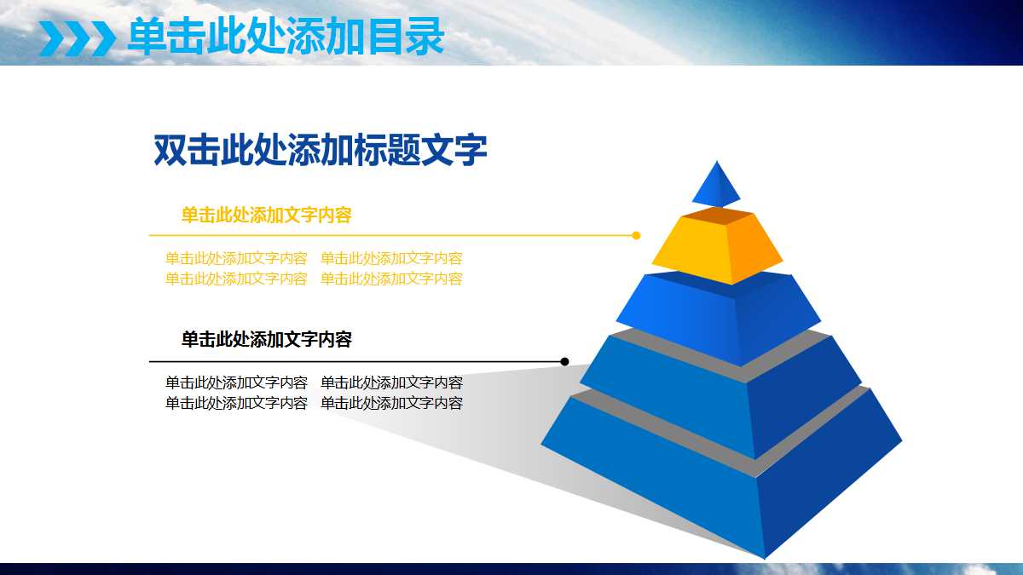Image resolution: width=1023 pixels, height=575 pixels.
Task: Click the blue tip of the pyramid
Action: point(716,186)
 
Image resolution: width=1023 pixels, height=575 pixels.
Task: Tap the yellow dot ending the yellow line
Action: point(636,235)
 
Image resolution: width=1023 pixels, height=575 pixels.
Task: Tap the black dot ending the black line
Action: point(564,362)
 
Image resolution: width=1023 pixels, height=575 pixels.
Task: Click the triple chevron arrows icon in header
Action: point(77,37)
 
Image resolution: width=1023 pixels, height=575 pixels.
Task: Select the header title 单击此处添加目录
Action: point(286,37)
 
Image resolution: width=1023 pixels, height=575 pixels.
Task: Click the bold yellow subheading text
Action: point(266,215)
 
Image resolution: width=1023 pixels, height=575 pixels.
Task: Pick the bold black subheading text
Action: point(266,340)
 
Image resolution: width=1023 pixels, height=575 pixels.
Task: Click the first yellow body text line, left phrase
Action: point(236,258)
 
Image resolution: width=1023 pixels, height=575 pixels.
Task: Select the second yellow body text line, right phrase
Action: point(391,279)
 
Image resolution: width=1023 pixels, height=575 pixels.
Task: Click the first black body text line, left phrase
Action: point(236,382)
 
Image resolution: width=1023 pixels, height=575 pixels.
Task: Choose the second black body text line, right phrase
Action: point(391,403)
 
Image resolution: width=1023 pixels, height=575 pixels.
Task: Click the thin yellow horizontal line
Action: point(384,235)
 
